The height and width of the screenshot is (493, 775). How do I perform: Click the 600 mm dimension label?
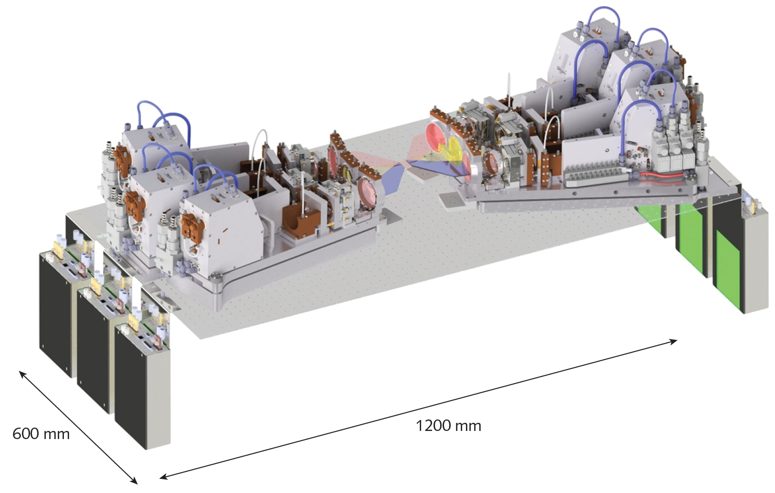(x=41, y=434)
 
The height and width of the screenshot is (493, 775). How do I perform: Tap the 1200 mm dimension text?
(x=448, y=425)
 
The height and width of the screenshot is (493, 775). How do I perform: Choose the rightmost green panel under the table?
(x=728, y=269)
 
